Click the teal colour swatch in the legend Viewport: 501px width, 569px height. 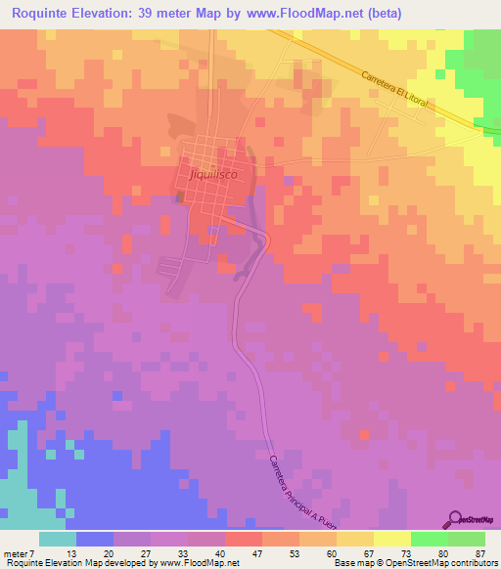(x=58, y=539)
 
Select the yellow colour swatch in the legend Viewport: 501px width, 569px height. (x=392, y=539)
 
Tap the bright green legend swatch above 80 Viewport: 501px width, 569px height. (x=430, y=539)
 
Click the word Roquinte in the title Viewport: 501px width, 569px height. (x=40, y=13)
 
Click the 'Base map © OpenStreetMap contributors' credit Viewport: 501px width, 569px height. (x=413, y=563)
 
